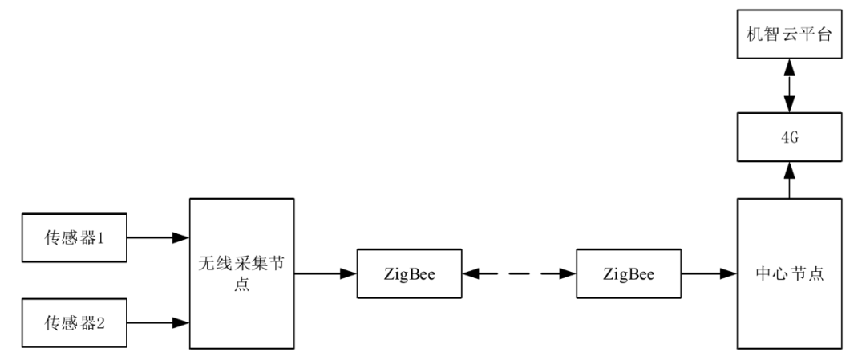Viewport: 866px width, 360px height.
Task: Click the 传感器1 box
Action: pos(75,237)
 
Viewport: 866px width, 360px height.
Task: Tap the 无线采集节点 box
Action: pos(241,273)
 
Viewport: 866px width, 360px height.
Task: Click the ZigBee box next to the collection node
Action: pos(411,274)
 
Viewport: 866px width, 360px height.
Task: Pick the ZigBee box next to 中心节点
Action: pos(629,274)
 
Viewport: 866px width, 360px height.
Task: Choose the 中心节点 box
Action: pos(789,273)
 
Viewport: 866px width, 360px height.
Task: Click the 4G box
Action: pos(789,139)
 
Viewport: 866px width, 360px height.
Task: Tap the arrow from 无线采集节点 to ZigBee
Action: pos(325,274)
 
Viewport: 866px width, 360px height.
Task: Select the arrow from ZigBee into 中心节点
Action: pos(709,274)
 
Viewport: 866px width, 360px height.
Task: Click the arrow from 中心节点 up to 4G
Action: pos(789,178)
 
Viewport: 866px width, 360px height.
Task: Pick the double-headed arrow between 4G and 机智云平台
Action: pos(789,87)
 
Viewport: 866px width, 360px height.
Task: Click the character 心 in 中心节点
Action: pos(779,274)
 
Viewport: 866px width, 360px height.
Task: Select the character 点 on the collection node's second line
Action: pos(241,285)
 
